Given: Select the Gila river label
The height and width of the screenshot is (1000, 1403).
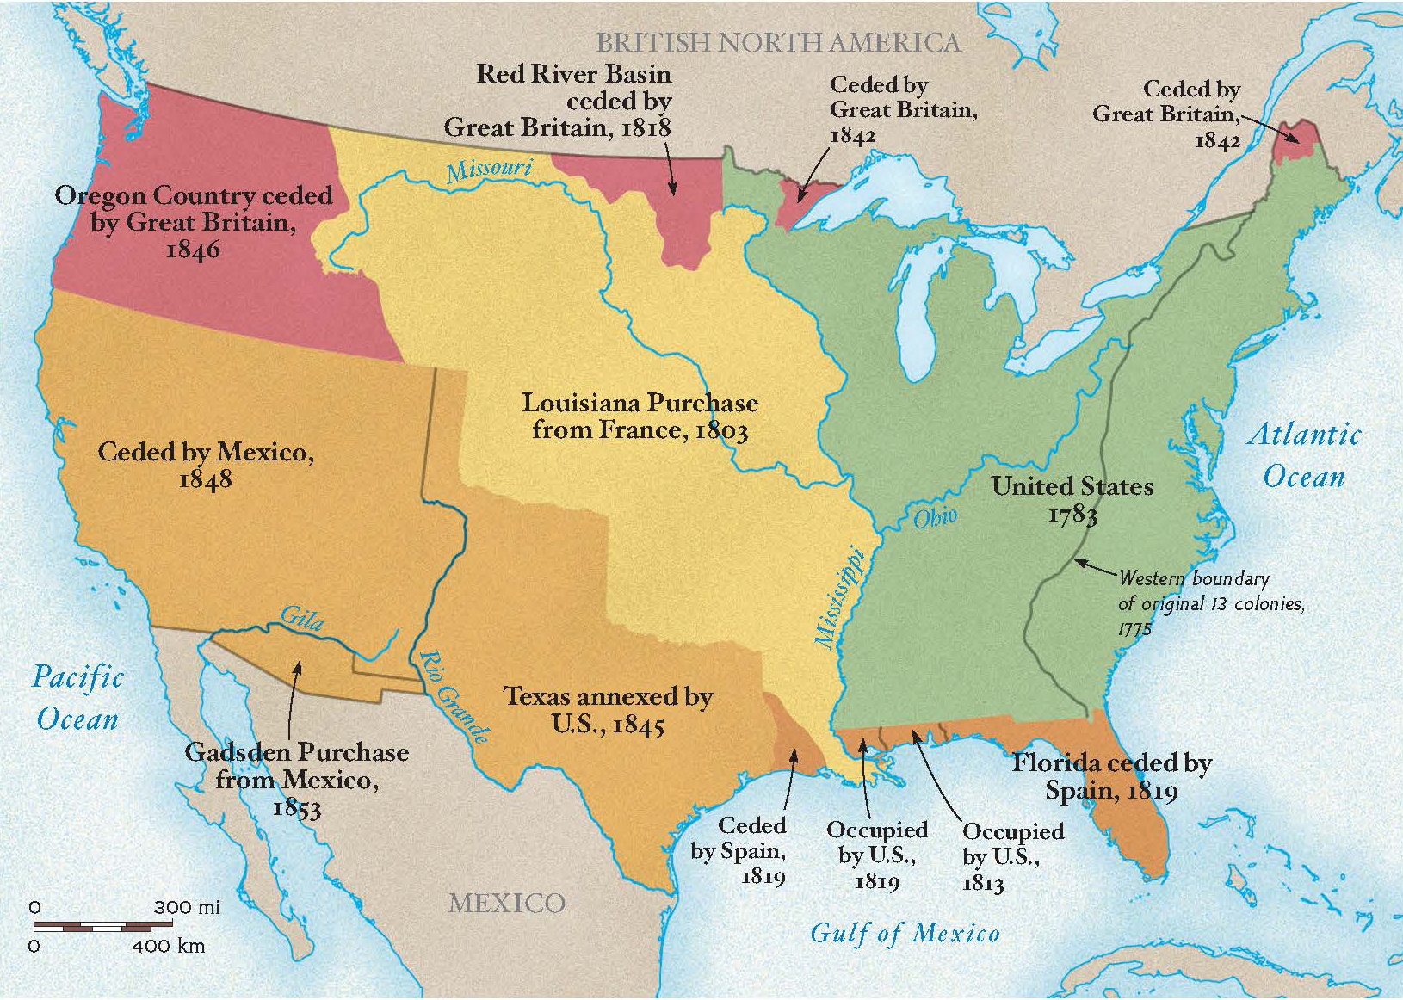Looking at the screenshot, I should click(x=302, y=617).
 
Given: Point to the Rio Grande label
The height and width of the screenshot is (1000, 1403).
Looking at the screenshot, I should click(x=453, y=696).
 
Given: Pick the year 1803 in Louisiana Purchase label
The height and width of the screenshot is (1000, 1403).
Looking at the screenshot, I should click(x=720, y=430).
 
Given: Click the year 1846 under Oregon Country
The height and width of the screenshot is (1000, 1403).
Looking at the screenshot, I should click(x=193, y=250).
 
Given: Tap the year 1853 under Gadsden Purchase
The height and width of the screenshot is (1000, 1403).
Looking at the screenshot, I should click(x=296, y=808).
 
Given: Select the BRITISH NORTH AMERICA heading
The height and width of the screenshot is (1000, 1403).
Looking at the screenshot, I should click(x=778, y=42).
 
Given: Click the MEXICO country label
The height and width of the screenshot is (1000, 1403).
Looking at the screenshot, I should click(x=506, y=903).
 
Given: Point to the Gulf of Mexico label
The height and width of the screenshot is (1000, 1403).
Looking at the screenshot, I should click(x=905, y=933).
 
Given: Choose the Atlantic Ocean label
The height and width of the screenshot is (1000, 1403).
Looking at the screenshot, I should click(x=1304, y=454).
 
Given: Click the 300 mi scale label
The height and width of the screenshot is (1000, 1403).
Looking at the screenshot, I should click(x=187, y=907).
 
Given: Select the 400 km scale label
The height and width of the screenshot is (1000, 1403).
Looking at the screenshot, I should click(x=169, y=947).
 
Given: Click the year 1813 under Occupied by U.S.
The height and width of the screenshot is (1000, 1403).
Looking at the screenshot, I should click(x=983, y=884).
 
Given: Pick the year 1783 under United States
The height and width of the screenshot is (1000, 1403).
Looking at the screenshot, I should click(x=1072, y=515).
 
